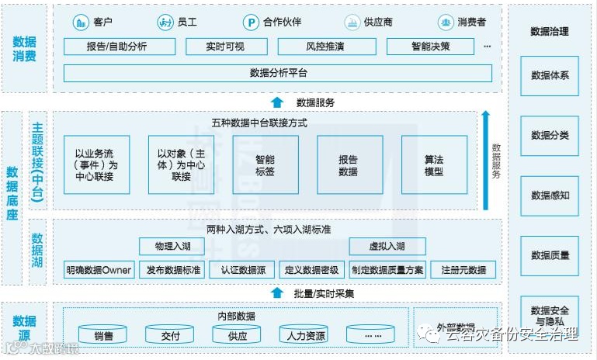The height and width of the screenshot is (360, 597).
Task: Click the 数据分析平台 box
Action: tap(278, 73)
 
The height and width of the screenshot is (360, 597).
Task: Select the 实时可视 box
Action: tap(225, 47)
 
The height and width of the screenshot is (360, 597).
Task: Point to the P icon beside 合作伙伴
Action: tap(251, 22)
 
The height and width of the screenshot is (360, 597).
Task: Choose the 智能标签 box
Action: tap(265, 164)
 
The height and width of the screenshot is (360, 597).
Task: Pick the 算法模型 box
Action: tap(434, 164)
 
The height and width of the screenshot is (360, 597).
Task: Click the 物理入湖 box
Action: tap(171, 247)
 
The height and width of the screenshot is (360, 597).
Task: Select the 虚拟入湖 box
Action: tap(387, 247)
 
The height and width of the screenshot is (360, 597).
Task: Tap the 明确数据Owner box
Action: tap(99, 270)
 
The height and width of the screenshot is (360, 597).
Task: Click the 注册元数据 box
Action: tap(463, 270)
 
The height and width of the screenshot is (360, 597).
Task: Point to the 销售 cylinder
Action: tap(103, 335)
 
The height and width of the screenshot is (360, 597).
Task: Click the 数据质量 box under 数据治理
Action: tap(550, 254)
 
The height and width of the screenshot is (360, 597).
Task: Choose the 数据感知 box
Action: tap(550, 195)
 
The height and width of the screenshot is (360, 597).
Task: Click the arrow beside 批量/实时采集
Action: tap(277, 293)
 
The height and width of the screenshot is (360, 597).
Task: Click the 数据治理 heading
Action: tap(550, 32)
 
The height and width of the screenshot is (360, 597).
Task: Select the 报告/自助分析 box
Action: tap(116, 47)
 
